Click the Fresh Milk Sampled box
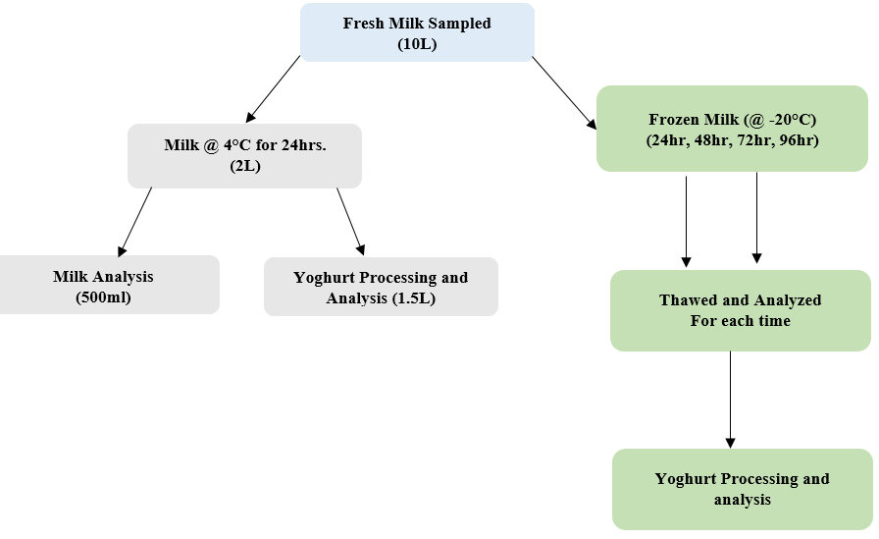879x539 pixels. (x=417, y=32)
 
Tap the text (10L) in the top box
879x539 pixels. (x=417, y=44)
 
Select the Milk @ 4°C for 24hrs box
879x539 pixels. (x=244, y=155)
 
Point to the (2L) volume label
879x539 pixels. (x=245, y=165)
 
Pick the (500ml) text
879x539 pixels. (x=103, y=296)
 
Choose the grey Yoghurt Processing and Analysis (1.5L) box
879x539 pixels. (x=381, y=287)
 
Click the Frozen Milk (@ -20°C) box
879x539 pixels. (x=732, y=129)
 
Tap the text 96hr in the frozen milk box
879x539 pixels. (x=797, y=139)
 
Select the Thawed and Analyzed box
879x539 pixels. (x=741, y=310)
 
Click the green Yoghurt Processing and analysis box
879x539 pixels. (x=742, y=489)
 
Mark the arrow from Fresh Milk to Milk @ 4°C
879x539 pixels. (x=274, y=88)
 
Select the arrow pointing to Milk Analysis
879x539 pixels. (x=135, y=221)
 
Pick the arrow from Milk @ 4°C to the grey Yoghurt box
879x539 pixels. (x=350, y=221)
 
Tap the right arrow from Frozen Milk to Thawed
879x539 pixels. (x=756, y=218)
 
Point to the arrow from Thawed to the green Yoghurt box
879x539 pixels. (x=730, y=399)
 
